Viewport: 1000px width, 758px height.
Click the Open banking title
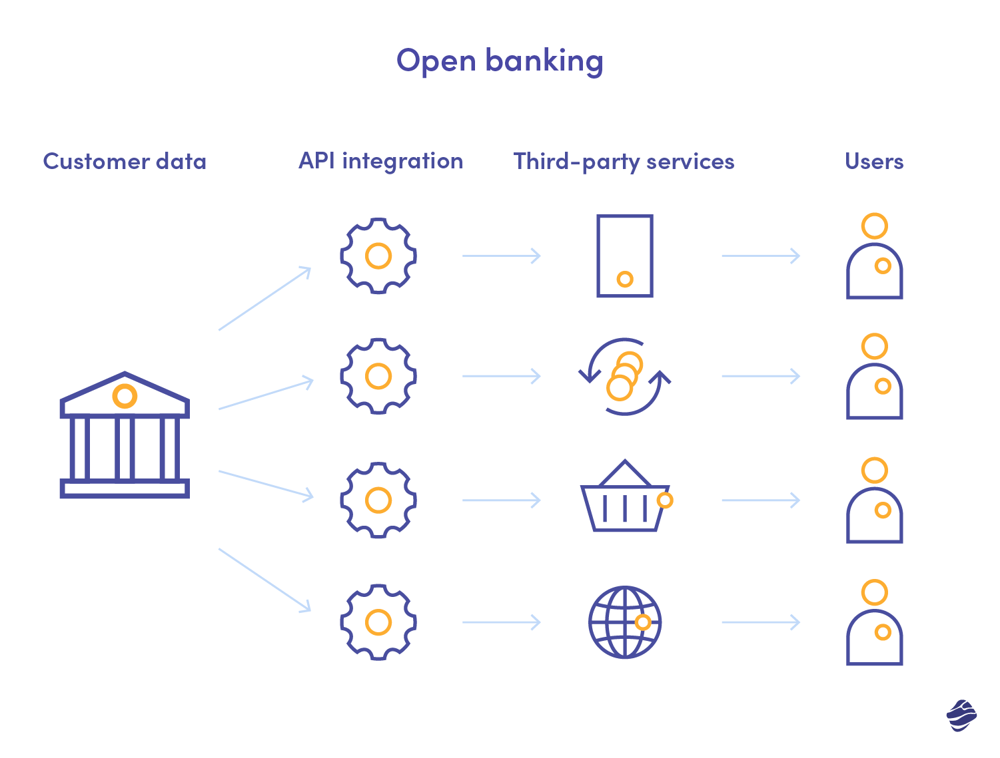point(500,61)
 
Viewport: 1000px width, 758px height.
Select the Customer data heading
point(125,162)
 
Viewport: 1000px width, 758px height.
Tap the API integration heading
point(380,162)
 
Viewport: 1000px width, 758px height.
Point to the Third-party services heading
point(624,162)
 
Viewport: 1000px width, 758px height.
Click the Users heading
point(874,162)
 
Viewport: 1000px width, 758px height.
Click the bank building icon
point(125,436)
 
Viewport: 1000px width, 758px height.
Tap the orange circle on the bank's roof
point(125,396)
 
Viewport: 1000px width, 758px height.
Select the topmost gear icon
point(378,256)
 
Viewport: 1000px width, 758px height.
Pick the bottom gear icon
point(378,622)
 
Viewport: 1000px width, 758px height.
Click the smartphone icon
point(624,256)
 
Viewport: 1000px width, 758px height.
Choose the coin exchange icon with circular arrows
point(624,377)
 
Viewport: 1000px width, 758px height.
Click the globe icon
point(624,622)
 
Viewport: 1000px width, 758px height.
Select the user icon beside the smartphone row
point(874,257)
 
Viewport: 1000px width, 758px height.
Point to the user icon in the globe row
point(874,623)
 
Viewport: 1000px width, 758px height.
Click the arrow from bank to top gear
point(265,298)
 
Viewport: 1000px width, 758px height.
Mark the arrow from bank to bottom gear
point(265,580)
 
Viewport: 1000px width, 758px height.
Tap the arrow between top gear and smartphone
point(501,256)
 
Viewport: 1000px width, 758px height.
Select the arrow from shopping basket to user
point(760,500)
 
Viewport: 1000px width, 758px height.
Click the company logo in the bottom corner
point(961,715)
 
